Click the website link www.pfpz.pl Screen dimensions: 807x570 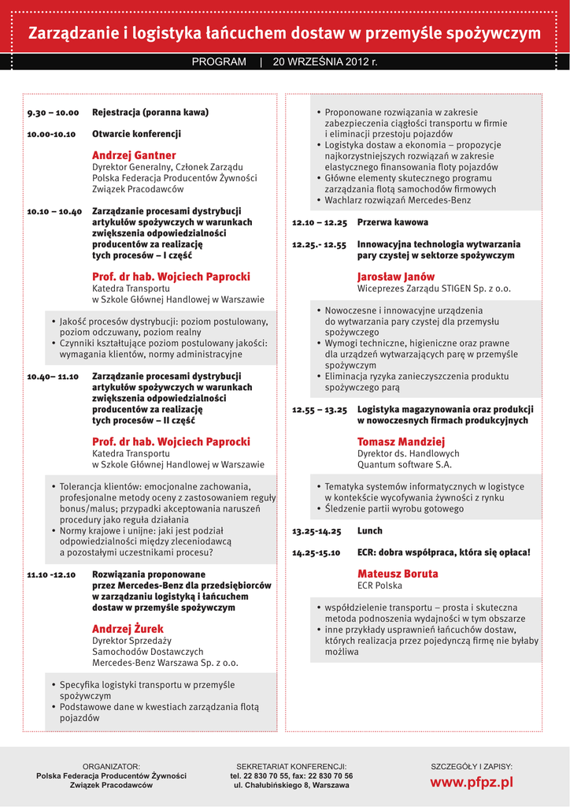pyautogui.click(x=471, y=782)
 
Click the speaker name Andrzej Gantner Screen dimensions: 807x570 pyautogui.click(x=134, y=155)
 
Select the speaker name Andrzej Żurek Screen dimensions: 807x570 pyautogui.click(x=128, y=629)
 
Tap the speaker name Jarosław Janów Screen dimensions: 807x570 pyautogui.click(x=396, y=277)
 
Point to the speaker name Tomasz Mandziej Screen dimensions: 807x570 pyautogui.click(x=402, y=441)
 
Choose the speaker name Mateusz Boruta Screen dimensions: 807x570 pyautogui.click(x=398, y=574)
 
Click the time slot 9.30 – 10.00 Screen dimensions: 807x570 pyautogui.click(x=53, y=113)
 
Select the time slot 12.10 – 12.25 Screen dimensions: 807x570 pyautogui.click(x=320, y=223)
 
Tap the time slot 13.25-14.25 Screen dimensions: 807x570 pyautogui.click(x=316, y=531)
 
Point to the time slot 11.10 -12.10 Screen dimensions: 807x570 pyautogui.click(x=51, y=575)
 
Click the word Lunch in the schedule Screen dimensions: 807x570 pyautogui.click(x=370, y=531)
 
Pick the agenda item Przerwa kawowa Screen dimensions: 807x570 pyautogui.click(x=393, y=222)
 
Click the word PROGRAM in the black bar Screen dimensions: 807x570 pyautogui.click(x=219, y=61)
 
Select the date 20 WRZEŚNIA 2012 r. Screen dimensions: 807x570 pyautogui.click(x=325, y=61)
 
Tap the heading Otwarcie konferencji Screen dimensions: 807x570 pyautogui.click(x=136, y=134)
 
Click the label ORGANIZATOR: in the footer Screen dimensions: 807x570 pyautogui.click(x=111, y=766)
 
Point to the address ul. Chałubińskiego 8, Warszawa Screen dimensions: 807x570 pyautogui.click(x=291, y=786)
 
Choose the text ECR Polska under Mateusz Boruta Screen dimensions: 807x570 pyautogui.click(x=379, y=586)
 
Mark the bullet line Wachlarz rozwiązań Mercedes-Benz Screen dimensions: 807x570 pyautogui.click(x=398, y=200)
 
